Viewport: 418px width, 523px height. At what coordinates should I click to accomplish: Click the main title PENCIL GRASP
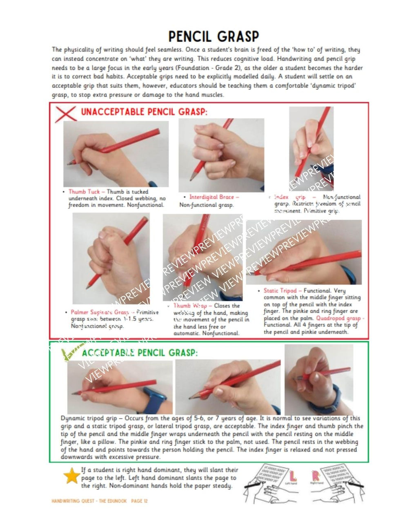tap(213, 36)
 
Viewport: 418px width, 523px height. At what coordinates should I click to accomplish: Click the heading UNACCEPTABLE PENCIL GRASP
tap(144, 112)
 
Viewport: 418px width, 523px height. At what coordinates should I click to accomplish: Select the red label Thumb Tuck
tap(84, 191)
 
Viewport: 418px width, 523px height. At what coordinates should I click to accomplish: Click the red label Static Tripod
tap(280, 291)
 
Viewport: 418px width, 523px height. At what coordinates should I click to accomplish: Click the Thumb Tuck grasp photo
tap(116, 154)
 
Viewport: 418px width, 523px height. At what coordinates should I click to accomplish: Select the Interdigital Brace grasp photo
tap(221, 154)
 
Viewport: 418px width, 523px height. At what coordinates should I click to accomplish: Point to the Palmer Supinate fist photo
tap(111, 258)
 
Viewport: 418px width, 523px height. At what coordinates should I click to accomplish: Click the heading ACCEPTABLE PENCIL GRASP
tap(140, 353)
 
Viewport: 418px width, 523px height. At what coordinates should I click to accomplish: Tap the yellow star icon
tap(71, 476)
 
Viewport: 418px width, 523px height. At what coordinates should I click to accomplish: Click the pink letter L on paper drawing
tap(293, 476)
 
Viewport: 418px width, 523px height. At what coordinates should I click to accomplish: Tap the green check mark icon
tap(67, 355)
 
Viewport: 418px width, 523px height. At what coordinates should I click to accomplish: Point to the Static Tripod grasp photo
tap(303, 252)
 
